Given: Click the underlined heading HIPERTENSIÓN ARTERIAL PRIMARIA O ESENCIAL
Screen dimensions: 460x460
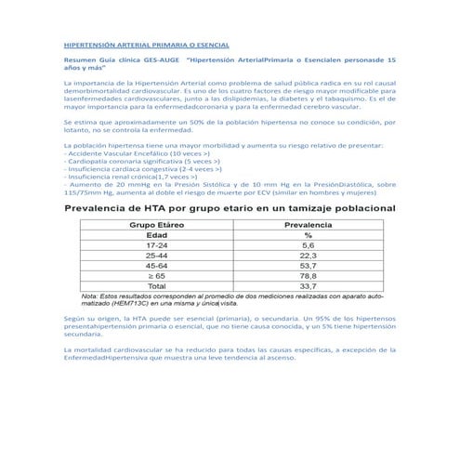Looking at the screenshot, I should [145, 45].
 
